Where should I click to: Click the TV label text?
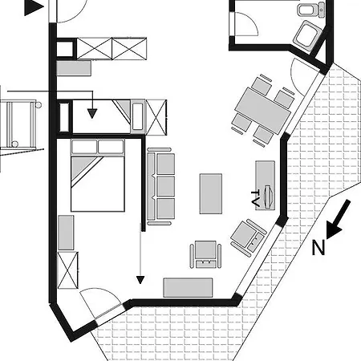point(256,198)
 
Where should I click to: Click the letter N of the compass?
point(318,247)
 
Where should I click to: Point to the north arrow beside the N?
point(338,219)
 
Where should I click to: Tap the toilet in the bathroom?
point(311,10)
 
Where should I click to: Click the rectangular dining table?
point(263,111)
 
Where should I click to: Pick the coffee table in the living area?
point(211,193)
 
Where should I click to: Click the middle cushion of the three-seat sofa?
point(165,186)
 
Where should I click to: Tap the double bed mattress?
point(98,184)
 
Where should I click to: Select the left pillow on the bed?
point(83,147)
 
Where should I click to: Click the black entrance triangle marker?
point(34,7)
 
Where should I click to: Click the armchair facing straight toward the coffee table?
point(205,254)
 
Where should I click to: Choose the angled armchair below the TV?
point(248,237)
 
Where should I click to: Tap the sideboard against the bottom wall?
point(189,287)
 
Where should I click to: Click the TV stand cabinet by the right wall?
point(265,185)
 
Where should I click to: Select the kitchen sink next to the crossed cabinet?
point(138,116)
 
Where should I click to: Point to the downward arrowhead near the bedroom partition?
point(140,280)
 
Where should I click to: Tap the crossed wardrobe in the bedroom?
point(68,270)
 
